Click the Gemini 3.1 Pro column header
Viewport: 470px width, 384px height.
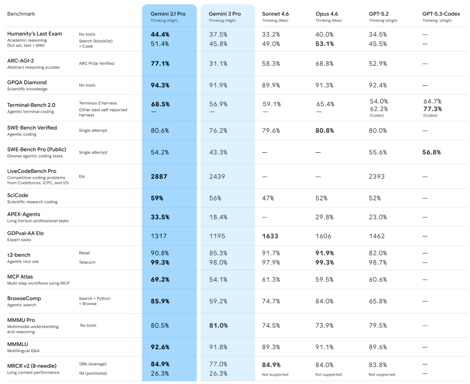pos(168,14)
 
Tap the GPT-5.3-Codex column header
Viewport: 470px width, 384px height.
pos(441,14)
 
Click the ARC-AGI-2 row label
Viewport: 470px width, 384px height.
pos(21,61)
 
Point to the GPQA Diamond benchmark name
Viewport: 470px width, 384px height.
pos(27,83)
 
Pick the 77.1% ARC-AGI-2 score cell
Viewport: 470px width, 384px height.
pos(160,64)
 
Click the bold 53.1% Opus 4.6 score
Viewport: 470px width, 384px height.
pos(325,44)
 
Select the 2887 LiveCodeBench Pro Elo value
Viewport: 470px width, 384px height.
pos(159,177)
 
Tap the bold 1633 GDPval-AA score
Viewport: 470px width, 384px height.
pos(270,236)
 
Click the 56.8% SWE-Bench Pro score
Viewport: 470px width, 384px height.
pos(431,152)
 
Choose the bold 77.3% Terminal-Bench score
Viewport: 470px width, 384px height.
pos(432,109)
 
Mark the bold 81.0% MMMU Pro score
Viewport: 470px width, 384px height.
pos(218,326)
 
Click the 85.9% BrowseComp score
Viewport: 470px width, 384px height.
pos(160,301)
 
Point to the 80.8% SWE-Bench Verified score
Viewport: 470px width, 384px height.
pos(325,131)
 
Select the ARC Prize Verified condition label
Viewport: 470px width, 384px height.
pos(97,63)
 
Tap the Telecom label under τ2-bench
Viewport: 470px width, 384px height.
pos(87,262)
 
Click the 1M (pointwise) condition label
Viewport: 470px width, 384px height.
pos(93,373)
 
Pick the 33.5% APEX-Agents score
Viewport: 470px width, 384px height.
pos(160,217)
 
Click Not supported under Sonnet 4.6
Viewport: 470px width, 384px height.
pos(275,375)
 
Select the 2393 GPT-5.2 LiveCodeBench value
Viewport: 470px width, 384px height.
pos(377,177)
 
